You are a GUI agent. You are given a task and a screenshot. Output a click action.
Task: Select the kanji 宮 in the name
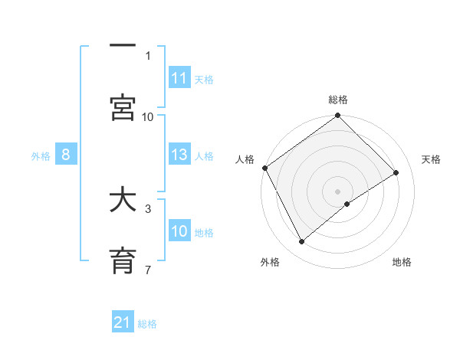123,107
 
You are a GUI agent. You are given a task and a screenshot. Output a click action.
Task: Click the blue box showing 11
179,78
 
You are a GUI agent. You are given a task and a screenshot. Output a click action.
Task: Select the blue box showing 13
179,155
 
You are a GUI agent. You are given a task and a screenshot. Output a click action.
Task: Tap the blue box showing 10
179,231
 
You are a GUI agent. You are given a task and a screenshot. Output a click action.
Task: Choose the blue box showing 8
66,155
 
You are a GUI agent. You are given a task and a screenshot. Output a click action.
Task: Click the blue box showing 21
123,322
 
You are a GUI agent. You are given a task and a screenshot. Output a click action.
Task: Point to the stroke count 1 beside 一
148,55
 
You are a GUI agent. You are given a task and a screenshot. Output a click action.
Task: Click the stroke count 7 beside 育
148,270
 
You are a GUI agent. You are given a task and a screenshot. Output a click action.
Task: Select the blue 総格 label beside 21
147,324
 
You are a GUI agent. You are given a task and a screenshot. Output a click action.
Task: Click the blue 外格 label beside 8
41,155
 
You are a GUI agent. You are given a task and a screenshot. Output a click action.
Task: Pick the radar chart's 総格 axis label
338,100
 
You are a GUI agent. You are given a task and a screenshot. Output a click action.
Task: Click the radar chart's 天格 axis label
431,159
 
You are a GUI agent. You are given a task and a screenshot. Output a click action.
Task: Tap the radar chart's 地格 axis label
402,262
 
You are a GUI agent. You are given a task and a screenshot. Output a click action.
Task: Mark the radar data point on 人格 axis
264,168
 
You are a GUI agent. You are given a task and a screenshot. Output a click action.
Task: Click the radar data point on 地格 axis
347,204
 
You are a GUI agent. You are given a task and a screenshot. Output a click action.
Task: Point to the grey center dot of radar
337,191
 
